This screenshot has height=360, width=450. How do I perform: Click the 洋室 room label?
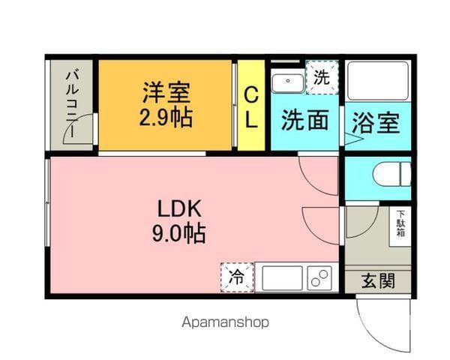[167, 93]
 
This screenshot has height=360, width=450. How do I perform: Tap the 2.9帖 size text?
[167, 118]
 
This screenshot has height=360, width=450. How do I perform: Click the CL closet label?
[251, 106]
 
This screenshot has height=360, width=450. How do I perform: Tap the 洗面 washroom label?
[304, 120]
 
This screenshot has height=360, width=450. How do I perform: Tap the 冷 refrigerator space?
[237, 277]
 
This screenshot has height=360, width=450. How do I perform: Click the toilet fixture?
[392, 175]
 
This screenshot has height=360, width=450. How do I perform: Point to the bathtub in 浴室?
[377, 81]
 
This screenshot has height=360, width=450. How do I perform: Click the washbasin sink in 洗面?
[287, 82]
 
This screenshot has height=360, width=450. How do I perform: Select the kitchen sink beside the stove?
[281, 277]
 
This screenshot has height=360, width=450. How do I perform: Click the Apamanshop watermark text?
[225, 322]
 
